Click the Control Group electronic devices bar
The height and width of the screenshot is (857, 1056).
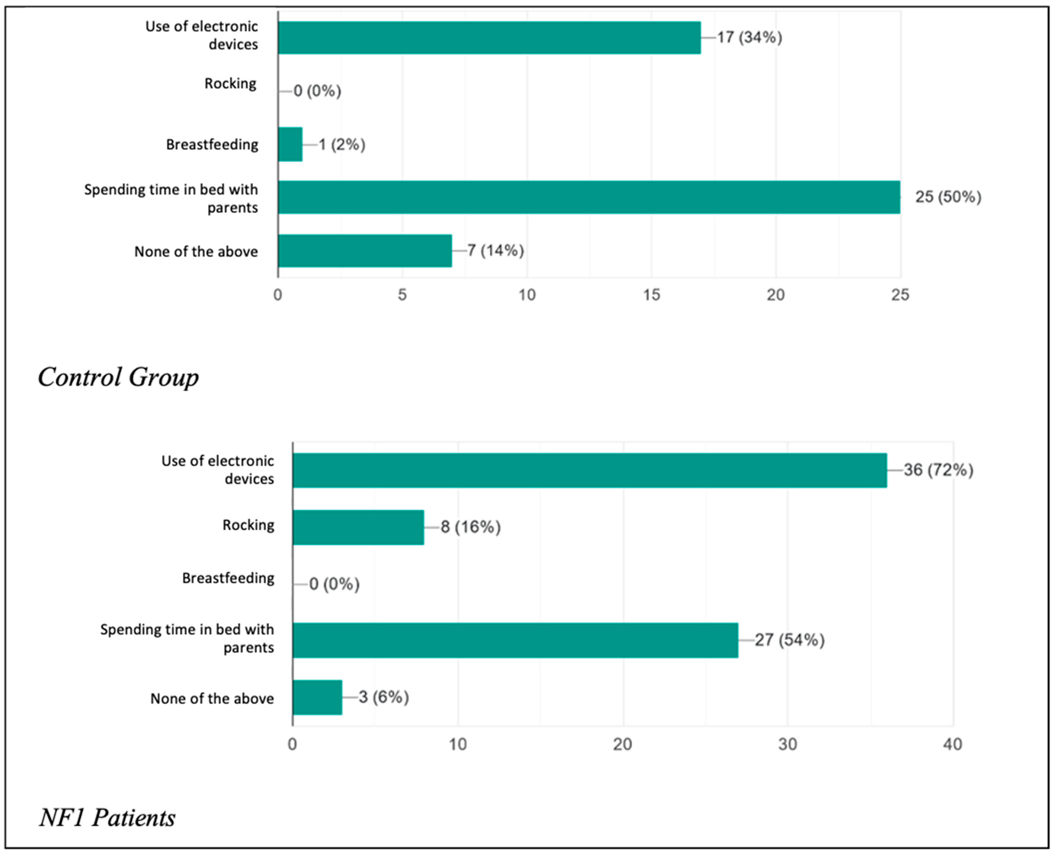(489, 38)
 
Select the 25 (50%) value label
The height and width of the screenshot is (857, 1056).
(948, 197)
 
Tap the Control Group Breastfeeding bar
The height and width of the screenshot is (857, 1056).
(290, 144)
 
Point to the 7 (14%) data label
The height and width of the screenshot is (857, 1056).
(496, 251)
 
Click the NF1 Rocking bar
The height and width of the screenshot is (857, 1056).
(358, 527)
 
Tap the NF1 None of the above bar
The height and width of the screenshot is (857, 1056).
(317, 698)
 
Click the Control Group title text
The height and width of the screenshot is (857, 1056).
(119, 378)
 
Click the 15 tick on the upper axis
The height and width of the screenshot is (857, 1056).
(651, 295)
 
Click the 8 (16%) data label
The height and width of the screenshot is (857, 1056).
(470, 527)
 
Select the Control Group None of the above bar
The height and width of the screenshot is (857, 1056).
(365, 251)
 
